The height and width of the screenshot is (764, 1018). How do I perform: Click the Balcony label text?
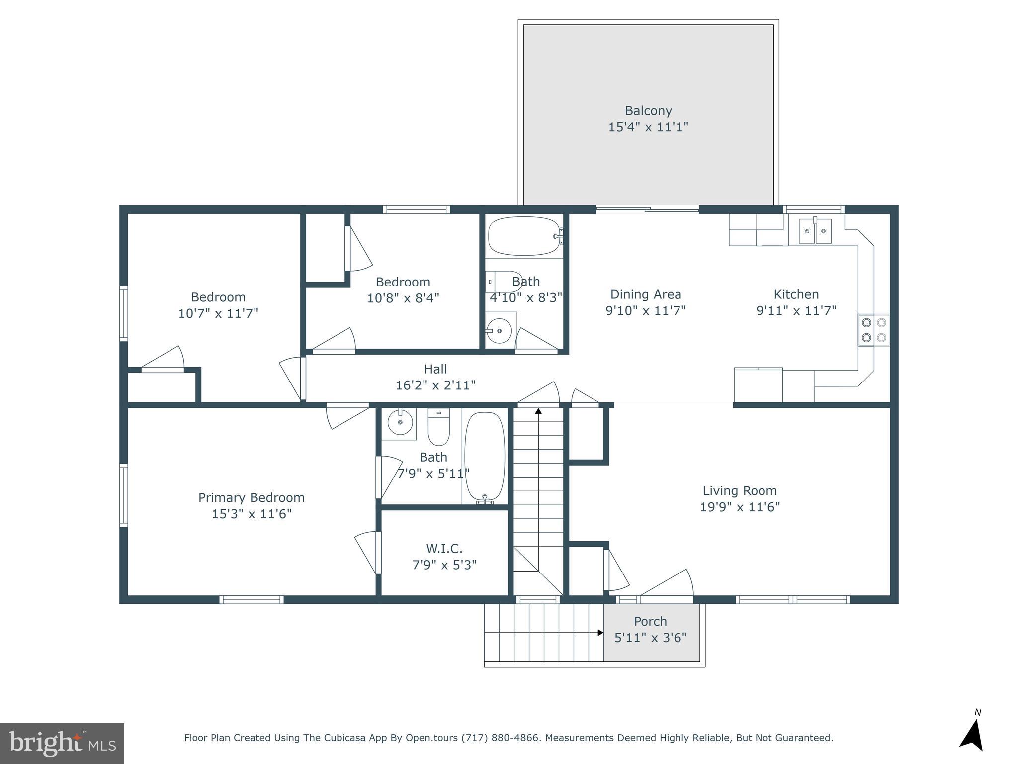pyautogui.click(x=648, y=111)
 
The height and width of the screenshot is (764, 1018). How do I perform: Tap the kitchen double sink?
pyautogui.click(x=815, y=231)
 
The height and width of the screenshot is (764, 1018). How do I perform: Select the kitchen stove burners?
pyautogui.click(x=874, y=330)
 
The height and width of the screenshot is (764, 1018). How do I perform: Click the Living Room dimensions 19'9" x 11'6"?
pyautogui.click(x=740, y=507)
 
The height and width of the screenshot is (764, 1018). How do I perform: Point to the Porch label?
pyautogui.click(x=650, y=621)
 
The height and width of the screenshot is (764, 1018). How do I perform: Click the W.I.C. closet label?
pyautogui.click(x=444, y=549)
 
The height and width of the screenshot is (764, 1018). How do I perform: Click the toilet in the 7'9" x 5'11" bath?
pyautogui.click(x=438, y=428)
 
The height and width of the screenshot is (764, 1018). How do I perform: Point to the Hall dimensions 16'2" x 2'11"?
pyautogui.click(x=435, y=385)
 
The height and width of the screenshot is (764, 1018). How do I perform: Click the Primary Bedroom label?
pyautogui.click(x=251, y=497)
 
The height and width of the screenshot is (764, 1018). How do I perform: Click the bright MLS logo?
pyautogui.click(x=62, y=743)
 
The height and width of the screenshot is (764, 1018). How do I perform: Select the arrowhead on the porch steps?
pyautogui.click(x=600, y=633)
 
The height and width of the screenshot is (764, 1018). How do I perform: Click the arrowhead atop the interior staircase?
pyautogui.click(x=538, y=411)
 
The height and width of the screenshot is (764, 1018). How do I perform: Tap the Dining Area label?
pyautogui.click(x=645, y=294)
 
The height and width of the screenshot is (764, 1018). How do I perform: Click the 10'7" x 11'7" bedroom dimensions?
pyautogui.click(x=218, y=313)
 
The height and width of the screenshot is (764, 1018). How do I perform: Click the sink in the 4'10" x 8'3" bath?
pyautogui.click(x=500, y=329)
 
